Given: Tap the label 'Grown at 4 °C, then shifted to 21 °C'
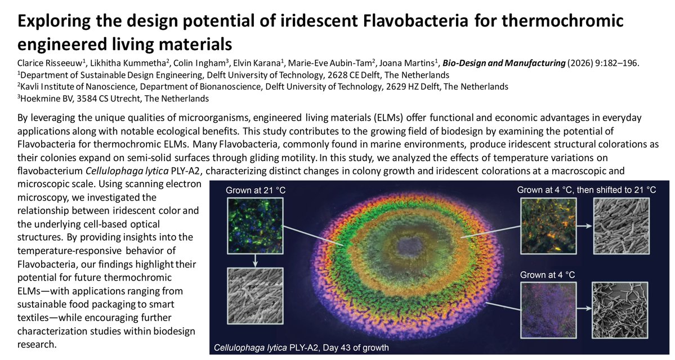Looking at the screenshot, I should point(586,190).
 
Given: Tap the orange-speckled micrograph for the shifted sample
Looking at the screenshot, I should point(543,225).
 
